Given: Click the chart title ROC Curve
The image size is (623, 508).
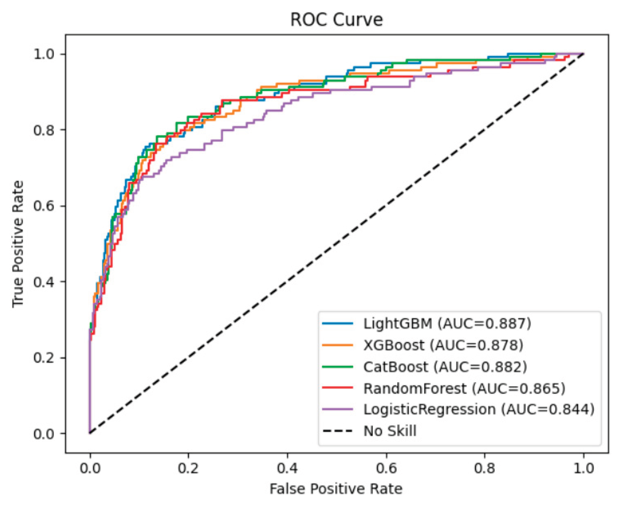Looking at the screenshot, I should [x=336, y=20].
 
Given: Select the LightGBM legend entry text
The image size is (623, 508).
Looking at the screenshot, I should [x=447, y=324].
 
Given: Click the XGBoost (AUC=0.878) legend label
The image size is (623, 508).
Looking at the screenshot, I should [x=443, y=345].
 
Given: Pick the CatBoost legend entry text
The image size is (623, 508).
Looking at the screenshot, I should [x=445, y=367].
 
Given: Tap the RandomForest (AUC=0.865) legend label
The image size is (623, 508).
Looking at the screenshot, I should [x=464, y=388].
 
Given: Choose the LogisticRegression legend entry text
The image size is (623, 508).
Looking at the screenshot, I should [x=479, y=409].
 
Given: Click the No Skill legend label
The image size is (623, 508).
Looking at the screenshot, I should [x=390, y=431].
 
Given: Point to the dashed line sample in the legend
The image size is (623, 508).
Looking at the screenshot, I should [x=338, y=431].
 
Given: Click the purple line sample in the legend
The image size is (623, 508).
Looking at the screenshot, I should [x=338, y=409].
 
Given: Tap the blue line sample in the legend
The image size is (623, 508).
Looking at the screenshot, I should [x=338, y=324].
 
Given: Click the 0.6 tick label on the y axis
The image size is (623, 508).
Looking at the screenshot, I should [x=44, y=206].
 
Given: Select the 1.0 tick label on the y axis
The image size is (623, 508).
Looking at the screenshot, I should [x=44, y=54].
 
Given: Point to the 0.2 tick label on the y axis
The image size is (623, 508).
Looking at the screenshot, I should [x=44, y=358].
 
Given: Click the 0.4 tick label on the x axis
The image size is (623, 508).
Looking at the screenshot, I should [x=287, y=468].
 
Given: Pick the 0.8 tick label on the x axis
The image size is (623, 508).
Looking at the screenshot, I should [x=485, y=468].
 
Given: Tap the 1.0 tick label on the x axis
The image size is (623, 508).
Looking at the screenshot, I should [x=583, y=468].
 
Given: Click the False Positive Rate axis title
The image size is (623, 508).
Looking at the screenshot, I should [x=336, y=489].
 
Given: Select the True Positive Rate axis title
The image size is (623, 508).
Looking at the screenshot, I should [x=18, y=244].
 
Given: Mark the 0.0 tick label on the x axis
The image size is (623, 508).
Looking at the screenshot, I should [x=90, y=468].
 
